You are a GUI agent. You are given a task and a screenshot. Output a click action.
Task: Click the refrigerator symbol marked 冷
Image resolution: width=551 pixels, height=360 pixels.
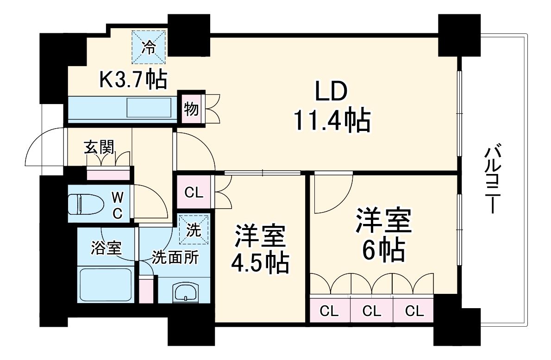pos(149,47)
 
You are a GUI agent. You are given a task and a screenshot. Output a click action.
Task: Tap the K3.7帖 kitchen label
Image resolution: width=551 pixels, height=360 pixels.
pos(133,80)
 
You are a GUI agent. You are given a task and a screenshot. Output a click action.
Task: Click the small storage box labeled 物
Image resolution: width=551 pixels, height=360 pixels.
pos(191,110)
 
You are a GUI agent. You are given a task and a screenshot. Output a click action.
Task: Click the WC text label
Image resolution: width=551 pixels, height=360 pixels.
pos(118,206)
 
